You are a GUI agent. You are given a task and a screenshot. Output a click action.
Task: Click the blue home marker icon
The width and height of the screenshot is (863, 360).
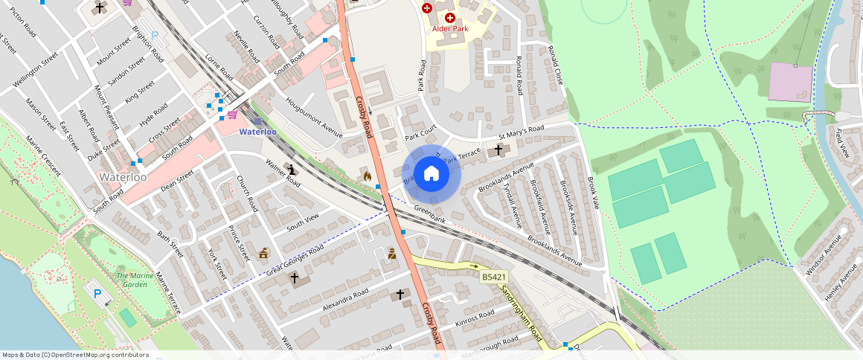[x=431, y=174]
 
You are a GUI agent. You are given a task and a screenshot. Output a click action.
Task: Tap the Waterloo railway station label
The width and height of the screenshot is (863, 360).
[x=257, y=132]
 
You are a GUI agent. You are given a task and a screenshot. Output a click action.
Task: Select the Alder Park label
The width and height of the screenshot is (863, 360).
[x=450, y=28]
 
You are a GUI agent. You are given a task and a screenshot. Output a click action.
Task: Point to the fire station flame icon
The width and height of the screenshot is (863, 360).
[x=366, y=175]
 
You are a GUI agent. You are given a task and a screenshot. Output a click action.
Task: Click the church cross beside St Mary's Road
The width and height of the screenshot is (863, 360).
[x=498, y=151]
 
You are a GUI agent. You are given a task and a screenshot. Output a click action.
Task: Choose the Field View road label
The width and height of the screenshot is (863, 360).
[x=842, y=144]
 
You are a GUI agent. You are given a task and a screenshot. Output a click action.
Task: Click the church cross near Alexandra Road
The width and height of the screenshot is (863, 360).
[x=400, y=295]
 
